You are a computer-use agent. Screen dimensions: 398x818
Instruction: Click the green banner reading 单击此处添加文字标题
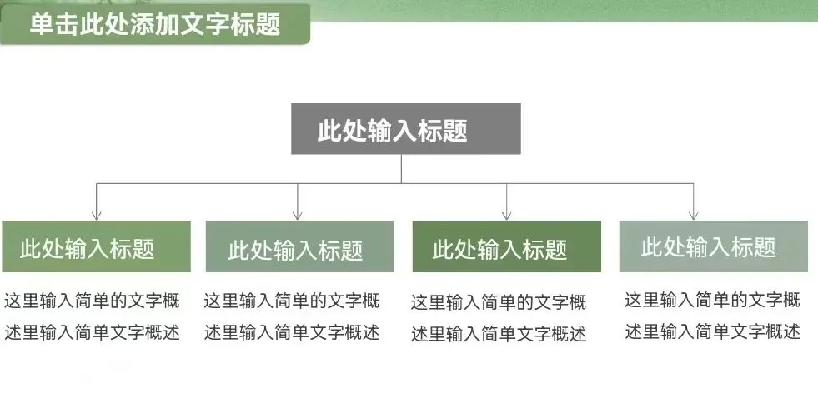pyautogui.click(x=154, y=24)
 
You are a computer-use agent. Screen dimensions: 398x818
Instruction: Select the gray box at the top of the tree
pyautogui.click(x=405, y=129)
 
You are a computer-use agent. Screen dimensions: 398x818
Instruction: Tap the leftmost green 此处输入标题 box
pyautogui.click(x=96, y=247)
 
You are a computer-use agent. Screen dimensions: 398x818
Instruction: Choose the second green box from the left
pyautogui.click(x=299, y=247)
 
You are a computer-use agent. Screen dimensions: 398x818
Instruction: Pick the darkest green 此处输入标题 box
pyautogui.click(x=506, y=247)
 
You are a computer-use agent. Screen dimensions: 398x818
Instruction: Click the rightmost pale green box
pyautogui.click(x=713, y=246)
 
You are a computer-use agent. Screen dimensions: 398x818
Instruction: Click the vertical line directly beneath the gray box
pyautogui.click(x=401, y=168)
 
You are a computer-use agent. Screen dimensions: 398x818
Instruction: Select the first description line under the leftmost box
pyautogui.click(x=92, y=301)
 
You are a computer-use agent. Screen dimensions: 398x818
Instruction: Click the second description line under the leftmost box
pyautogui.click(x=92, y=332)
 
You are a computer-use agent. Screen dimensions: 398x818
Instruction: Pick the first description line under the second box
pyautogui.click(x=292, y=301)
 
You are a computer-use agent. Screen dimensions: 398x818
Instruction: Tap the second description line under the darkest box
pyautogui.click(x=499, y=334)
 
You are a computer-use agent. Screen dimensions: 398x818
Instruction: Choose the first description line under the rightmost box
pyautogui.click(x=712, y=300)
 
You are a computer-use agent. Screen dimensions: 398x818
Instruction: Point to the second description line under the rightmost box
pyautogui.click(x=712, y=332)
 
